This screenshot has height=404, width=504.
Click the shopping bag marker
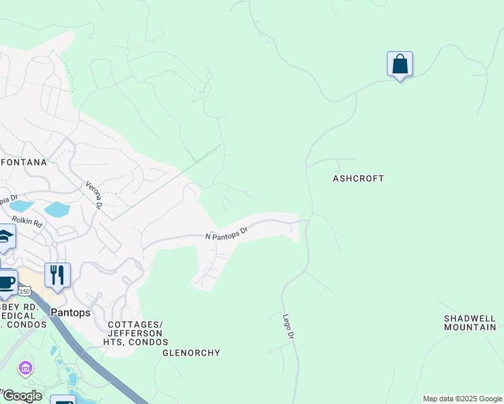400,65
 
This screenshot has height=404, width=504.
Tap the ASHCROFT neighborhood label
358,178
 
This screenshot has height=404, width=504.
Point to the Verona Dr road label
93,195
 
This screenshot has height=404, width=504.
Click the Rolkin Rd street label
27,221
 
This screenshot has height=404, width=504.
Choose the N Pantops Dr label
226,233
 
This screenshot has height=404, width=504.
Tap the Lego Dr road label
288,327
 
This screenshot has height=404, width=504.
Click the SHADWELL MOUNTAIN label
470,323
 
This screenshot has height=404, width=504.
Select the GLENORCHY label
191,353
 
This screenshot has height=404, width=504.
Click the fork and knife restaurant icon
57,275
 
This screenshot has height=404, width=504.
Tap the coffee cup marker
6,282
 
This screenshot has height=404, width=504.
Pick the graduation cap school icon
5,236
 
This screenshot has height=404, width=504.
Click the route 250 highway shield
25,291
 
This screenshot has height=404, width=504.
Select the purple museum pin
26,368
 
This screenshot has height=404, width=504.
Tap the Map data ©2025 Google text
463,399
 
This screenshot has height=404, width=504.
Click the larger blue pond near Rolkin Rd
57,209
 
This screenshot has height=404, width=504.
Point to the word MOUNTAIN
470,327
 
